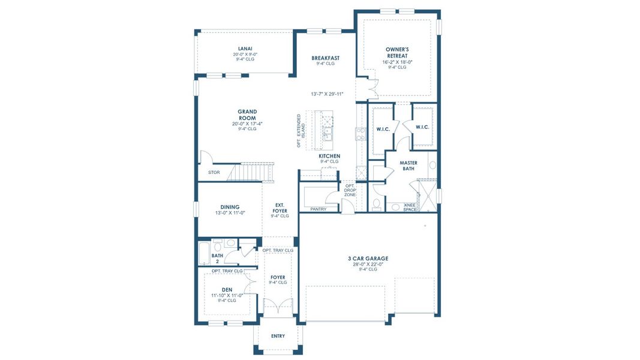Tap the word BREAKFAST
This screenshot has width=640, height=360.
click(x=325, y=58)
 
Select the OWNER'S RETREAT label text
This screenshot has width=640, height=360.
click(x=397, y=52)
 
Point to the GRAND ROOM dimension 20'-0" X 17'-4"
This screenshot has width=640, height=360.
click(x=247, y=124)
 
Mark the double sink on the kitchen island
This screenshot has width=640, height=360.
click(x=327, y=131)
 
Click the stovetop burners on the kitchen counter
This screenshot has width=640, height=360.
click(x=360, y=133)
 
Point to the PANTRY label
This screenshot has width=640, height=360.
click(x=319, y=209)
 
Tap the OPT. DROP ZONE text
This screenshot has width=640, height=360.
click(x=350, y=190)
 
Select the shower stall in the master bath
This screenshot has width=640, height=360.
click(x=427, y=196)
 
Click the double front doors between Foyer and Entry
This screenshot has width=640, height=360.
click(x=278, y=310)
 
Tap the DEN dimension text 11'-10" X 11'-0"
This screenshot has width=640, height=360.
click(x=227, y=295)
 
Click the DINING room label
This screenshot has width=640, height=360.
click(x=229, y=206)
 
